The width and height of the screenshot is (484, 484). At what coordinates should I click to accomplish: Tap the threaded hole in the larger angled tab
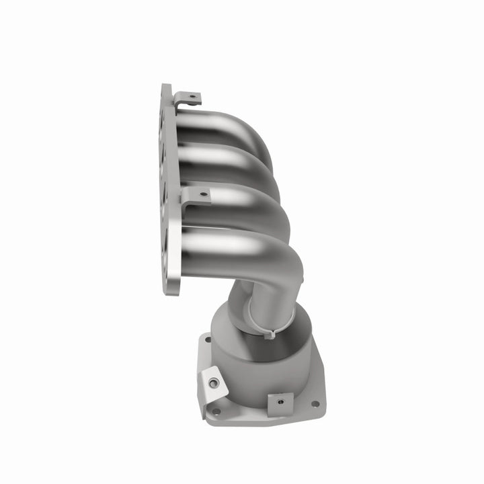click(214, 383)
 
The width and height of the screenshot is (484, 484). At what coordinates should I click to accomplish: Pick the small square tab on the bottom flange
click(279, 403)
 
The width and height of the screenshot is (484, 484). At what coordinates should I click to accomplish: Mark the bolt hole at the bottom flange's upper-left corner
click(207, 340)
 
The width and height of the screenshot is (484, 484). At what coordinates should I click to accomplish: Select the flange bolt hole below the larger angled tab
click(216, 411)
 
